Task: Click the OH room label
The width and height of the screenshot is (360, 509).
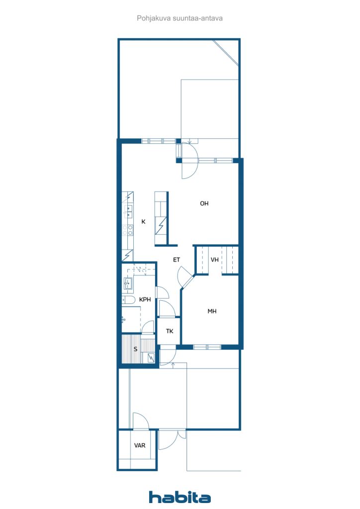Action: [x=204, y=203]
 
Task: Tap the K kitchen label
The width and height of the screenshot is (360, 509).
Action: [x=143, y=222]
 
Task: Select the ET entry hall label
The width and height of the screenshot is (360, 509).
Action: [x=176, y=259]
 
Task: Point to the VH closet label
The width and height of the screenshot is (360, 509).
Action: [x=215, y=260]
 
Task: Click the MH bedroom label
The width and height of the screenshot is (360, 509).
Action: [x=212, y=312]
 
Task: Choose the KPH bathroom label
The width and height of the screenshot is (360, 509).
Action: [x=145, y=300]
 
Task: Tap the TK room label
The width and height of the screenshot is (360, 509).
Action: [x=170, y=331]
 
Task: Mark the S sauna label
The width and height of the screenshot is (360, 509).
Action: [x=135, y=349]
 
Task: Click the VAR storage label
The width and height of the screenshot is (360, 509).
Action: [x=140, y=445]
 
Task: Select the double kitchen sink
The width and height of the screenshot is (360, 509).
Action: [x=129, y=212]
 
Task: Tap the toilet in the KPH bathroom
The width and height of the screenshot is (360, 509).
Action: [x=128, y=300]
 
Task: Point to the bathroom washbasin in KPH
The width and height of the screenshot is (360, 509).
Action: [x=128, y=284]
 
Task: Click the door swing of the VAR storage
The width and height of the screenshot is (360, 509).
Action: [x=140, y=421]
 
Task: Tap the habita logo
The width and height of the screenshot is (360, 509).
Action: [x=180, y=497]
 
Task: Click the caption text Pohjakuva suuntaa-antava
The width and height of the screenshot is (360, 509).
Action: [x=180, y=18]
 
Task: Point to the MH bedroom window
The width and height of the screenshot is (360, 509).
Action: [x=207, y=347]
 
